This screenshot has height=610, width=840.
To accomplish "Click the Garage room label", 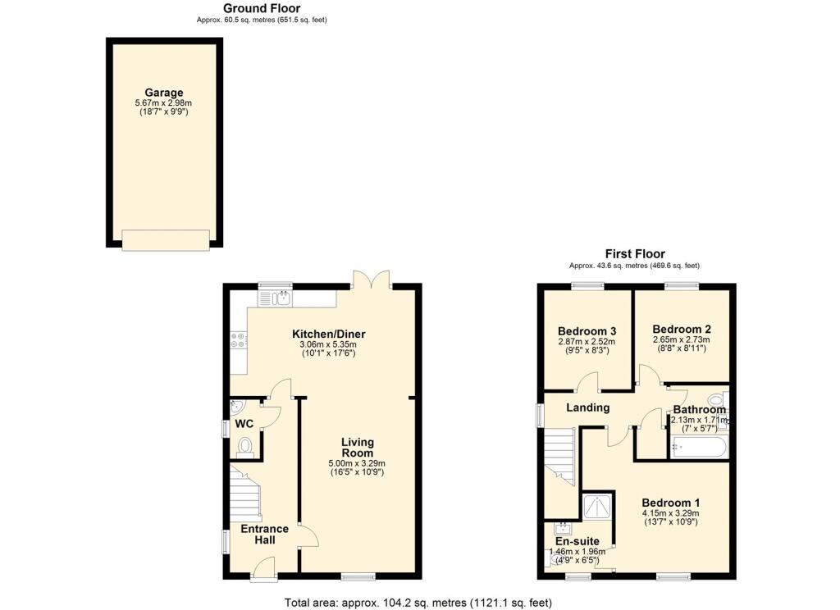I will click(x=164, y=93).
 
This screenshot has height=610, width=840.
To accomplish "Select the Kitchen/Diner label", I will click(x=329, y=334).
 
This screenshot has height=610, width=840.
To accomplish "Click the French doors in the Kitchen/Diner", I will click(x=372, y=280).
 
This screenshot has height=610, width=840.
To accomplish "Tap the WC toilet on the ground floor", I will click(x=244, y=446).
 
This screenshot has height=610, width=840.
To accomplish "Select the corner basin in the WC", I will click(x=237, y=406).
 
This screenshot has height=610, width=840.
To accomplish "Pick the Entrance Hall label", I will click(x=264, y=535).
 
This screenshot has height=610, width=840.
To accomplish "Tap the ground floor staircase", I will click(x=245, y=492).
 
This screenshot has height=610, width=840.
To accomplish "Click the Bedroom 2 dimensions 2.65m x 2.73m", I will click(x=681, y=339).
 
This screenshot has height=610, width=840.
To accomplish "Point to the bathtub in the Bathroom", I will click(x=697, y=448).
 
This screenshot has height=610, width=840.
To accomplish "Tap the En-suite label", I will click(x=577, y=541).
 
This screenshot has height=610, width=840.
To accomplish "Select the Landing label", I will click(x=588, y=407).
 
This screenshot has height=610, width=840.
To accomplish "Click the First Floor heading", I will click(x=635, y=254).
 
